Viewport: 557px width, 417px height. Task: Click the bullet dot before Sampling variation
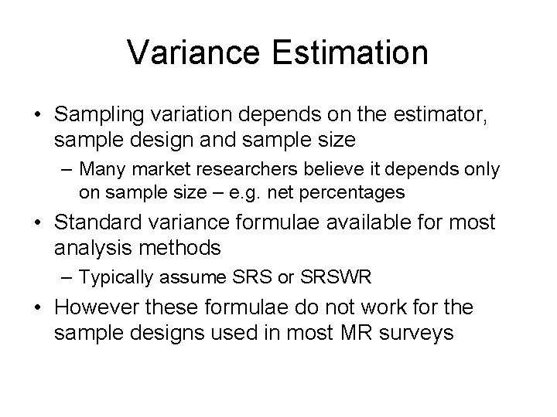pos(36,116)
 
